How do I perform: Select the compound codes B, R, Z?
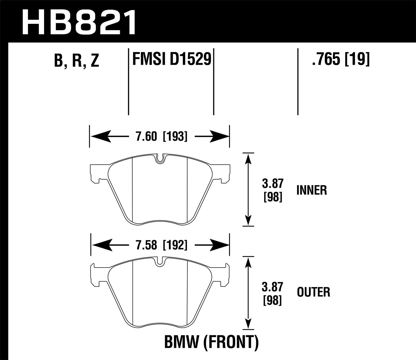pyautogui.click(x=77, y=61)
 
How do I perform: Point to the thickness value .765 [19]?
pyautogui.click(x=341, y=59)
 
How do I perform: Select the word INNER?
pyautogui.click(x=312, y=190)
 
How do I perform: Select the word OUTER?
pyautogui.click(x=313, y=292)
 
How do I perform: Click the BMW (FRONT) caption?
pyautogui.click(x=211, y=343)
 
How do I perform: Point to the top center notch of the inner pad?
pyautogui.click(x=160, y=159)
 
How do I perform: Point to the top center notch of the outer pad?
pyautogui.click(x=160, y=262)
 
